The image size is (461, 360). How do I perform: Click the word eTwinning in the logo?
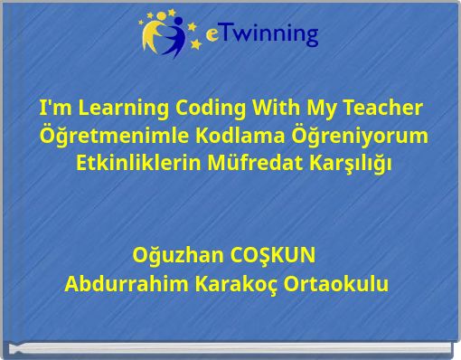(x=263, y=34)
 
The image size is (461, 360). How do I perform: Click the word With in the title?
(x=267, y=109)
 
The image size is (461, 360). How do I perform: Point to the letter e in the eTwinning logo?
(x=212, y=36)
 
